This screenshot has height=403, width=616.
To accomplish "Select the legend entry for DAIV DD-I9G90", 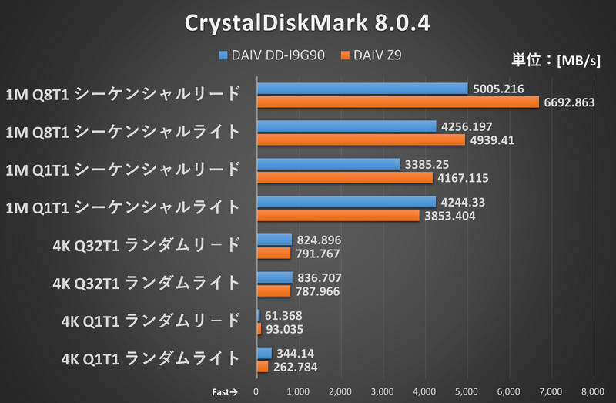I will pyautogui.click(x=276, y=55).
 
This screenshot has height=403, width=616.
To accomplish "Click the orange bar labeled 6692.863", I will pyautogui.click(x=397, y=102).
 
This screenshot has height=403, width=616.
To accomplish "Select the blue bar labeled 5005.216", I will pyautogui.click(x=362, y=89).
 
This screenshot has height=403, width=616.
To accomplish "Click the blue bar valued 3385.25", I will pyautogui.click(x=328, y=164).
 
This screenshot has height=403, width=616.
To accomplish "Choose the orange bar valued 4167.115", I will pyautogui.click(x=344, y=178).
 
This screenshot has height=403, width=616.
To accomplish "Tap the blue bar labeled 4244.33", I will pyautogui.click(x=346, y=202).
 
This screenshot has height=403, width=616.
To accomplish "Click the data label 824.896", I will pyautogui.click(x=319, y=240).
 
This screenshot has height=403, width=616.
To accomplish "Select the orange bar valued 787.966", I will pyautogui.click(x=273, y=291).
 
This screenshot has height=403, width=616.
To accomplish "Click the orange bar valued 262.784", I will pyautogui.click(x=262, y=367).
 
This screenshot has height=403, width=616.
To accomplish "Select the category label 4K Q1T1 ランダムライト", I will pyautogui.click(x=149, y=358).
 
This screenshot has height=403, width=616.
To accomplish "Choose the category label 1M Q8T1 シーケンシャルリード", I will pyautogui.click(x=122, y=94).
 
